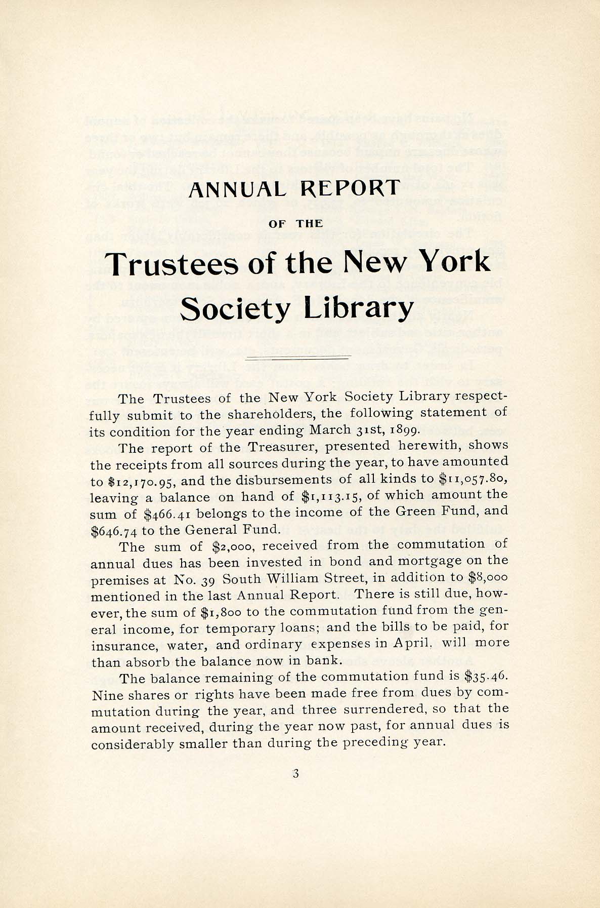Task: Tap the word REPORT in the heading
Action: [350, 188]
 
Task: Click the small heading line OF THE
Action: [296, 223]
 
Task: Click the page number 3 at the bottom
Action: [296, 773]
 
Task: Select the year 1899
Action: [402, 431]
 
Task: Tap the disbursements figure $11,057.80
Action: [474, 479]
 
